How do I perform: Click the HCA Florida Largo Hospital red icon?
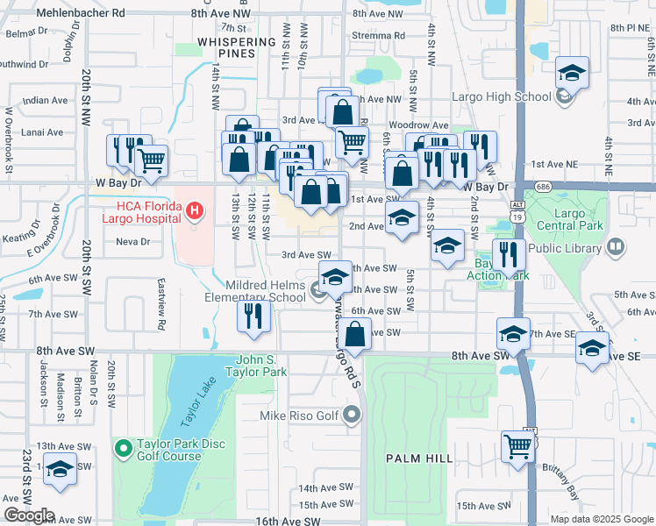point(195,211)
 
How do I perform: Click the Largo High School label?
point(489,96)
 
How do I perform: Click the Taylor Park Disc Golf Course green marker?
point(123,450)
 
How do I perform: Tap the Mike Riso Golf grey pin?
point(353,414)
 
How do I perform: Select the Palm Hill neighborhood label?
point(419,458)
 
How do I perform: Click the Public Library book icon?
point(613,248)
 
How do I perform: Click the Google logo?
point(29,515)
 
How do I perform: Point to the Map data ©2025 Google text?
point(601,519)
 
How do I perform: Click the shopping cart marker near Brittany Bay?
point(518,448)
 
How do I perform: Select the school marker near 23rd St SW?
point(60,471)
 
